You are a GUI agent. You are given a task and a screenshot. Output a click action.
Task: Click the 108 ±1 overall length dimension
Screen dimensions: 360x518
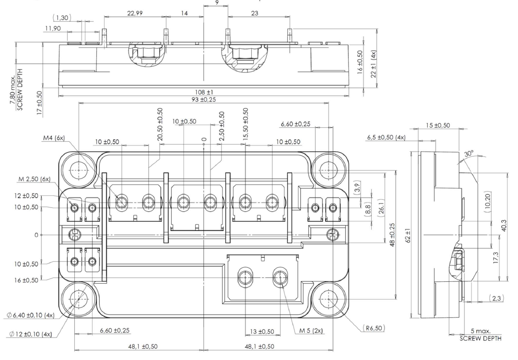coord(203,91)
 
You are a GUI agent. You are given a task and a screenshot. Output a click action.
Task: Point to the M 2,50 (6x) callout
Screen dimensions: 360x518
coord(36,179)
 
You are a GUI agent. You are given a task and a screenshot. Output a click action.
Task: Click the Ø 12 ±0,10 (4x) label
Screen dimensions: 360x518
coord(30,334)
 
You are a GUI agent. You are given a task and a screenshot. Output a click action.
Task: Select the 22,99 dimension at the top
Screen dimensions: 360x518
coord(134,13)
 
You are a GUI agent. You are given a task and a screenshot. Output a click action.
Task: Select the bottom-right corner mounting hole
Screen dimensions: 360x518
coord(329,299)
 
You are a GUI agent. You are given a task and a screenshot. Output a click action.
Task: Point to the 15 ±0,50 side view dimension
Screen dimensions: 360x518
coord(437,125)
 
